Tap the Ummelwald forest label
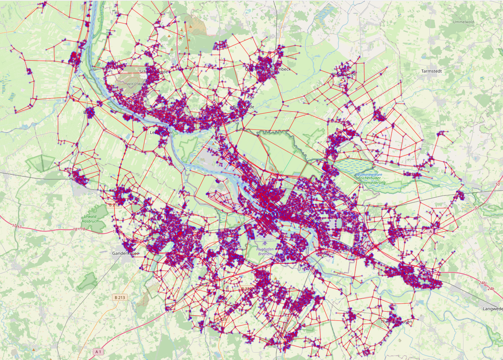click(463, 22)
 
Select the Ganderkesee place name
click(126, 253)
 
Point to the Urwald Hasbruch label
click(90, 219)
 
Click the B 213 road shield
click(121, 297)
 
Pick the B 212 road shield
click(114, 205)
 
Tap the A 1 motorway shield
click(98, 352)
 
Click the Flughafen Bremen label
click(265, 251)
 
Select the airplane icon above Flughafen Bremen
click(265, 239)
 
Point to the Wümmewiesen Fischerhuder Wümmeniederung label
click(369, 178)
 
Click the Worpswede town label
click(344, 74)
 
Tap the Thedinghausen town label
click(396, 322)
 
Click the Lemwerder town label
click(161, 132)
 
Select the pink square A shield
click(431, 232)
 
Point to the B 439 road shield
click(221, 320)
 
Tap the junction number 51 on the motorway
click(476, 208)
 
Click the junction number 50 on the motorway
click(498, 184)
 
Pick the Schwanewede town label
click(153, 72)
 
